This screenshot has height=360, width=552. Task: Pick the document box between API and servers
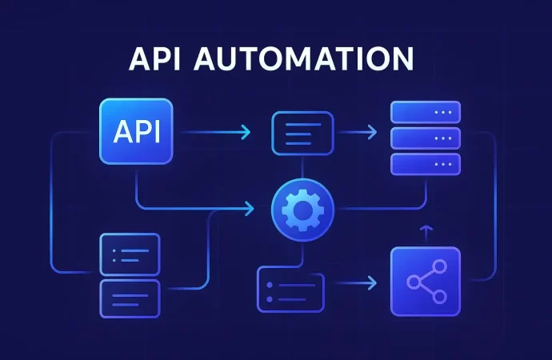coord(302,132)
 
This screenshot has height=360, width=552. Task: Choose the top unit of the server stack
coord(425,111)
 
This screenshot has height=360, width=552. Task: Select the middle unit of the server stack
coord(425,137)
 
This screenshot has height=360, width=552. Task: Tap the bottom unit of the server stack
coord(425,163)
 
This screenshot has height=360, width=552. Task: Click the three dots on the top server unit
coord(442,111)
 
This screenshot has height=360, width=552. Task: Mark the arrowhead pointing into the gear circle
coord(250,209)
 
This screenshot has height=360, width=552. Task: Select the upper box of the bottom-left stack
coord(129,255)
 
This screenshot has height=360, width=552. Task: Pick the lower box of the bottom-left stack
coord(129,298)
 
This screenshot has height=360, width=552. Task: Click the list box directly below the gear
coord(289,289)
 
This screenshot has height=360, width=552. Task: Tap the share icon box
coord(426,281)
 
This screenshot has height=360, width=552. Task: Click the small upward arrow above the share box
coord(426,231)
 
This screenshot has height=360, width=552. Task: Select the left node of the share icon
coord(413,282)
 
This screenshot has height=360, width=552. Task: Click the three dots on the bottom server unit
coord(442,163)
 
